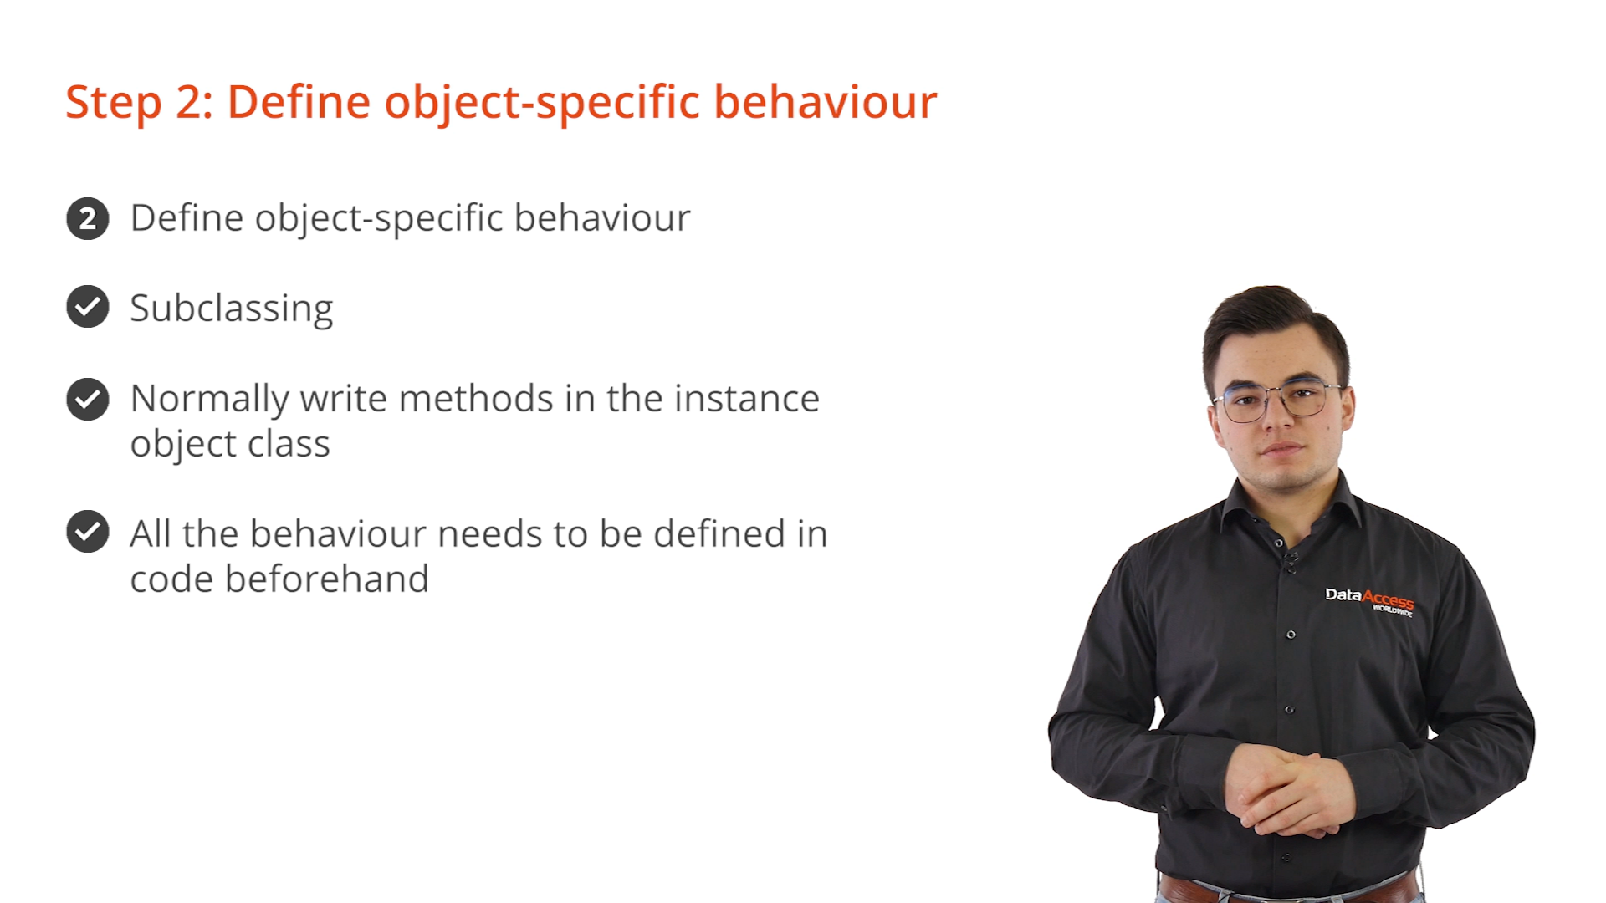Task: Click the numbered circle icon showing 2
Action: click(88, 219)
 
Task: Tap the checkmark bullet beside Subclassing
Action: click(88, 307)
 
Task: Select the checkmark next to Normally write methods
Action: click(88, 399)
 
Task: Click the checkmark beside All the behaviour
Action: click(88, 532)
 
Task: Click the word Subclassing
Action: click(232, 309)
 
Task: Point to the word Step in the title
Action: click(113, 103)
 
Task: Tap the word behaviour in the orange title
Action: click(825, 102)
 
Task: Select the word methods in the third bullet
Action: click(476, 398)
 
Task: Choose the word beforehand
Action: click(327, 579)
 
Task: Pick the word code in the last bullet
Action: click(172, 579)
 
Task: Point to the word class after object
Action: click(289, 443)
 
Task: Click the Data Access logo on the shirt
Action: click(1369, 600)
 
